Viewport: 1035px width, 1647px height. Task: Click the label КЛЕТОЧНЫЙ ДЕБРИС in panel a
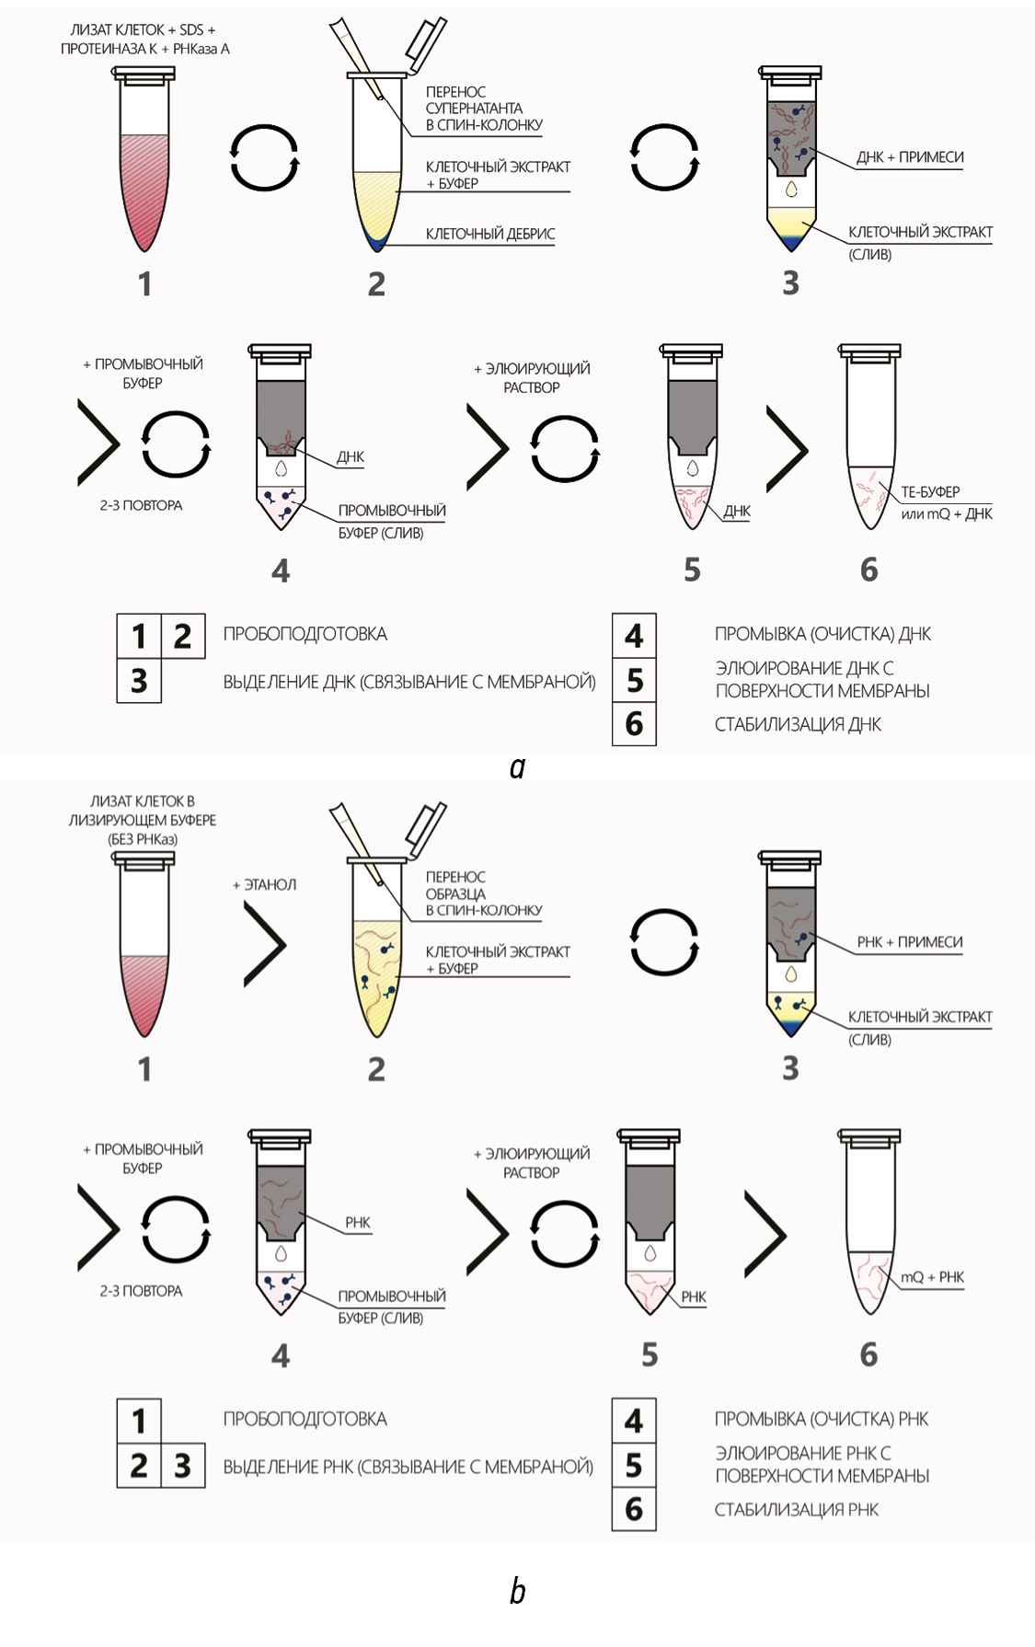(490, 234)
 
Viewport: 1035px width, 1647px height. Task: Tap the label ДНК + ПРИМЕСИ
(910, 157)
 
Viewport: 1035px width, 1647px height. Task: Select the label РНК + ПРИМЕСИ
(910, 942)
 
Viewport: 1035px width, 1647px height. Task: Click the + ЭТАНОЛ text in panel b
(265, 884)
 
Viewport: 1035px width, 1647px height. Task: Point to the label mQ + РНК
(933, 1277)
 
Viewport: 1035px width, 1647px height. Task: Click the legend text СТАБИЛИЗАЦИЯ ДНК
(798, 725)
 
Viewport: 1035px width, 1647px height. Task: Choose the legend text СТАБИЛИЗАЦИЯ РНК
(797, 1510)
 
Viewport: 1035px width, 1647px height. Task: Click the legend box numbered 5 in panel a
(634, 680)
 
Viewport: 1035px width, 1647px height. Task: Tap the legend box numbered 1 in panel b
(139, 1422)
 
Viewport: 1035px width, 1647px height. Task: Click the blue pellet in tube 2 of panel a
(377, 243)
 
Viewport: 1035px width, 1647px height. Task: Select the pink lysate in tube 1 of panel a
(145, 188)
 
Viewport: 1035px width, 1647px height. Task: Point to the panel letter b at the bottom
(517, 1590)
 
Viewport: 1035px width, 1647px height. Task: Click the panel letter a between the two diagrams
(517, 767)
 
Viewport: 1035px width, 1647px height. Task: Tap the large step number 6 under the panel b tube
(868, 1354)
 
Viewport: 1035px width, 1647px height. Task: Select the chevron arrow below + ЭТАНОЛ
(265, 944)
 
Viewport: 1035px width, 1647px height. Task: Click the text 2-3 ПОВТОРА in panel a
(141, 505)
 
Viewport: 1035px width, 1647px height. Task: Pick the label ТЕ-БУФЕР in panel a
(930, 492)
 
